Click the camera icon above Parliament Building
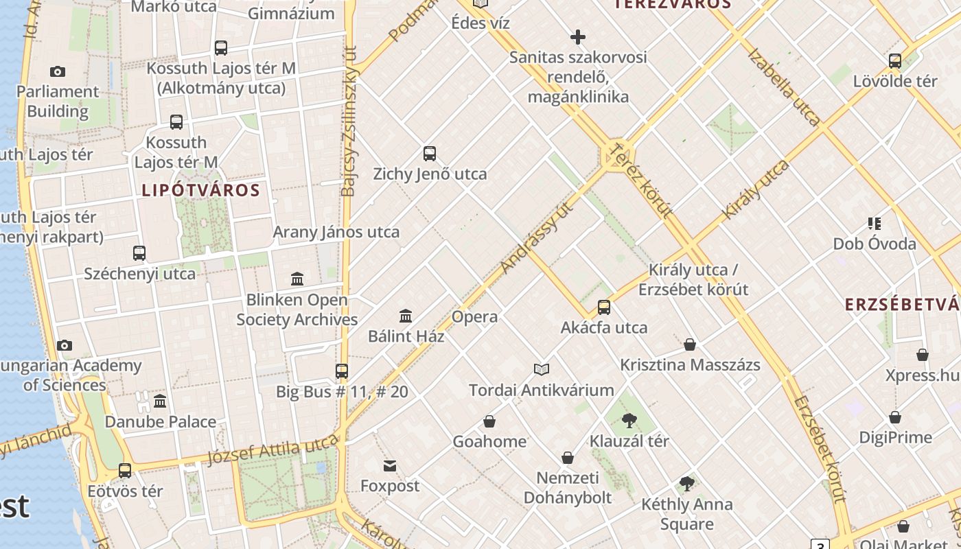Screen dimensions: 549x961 (x=58, y=71)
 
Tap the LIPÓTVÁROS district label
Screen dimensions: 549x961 (x=200, y=190)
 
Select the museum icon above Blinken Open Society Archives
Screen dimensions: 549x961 (x=297, y=279)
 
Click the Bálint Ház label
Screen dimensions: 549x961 (x=406, y=336)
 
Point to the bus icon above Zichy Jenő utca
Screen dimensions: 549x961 (x=430, y=154)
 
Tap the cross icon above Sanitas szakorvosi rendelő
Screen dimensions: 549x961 (x=578, y=37)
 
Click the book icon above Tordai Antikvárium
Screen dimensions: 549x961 (x=542, y=370)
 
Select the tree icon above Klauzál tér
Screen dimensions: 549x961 (x=629, y=421)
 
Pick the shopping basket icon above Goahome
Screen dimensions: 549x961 (x=489, y=421)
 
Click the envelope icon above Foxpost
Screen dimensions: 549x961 (x=390, y=466)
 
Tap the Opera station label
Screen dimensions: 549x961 (x=474, y=316)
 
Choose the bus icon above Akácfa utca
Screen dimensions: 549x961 (x=604, y=307)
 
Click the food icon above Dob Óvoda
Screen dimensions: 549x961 (x=874, y=224)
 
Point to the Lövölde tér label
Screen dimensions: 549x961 (x=894, y=81)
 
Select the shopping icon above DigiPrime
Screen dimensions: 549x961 (x=895, y=417)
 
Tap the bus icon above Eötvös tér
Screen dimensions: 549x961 (x=125, y=471)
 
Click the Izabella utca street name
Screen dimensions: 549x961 (x=784, y=86)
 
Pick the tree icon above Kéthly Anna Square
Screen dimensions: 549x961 (x=686, y=484)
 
